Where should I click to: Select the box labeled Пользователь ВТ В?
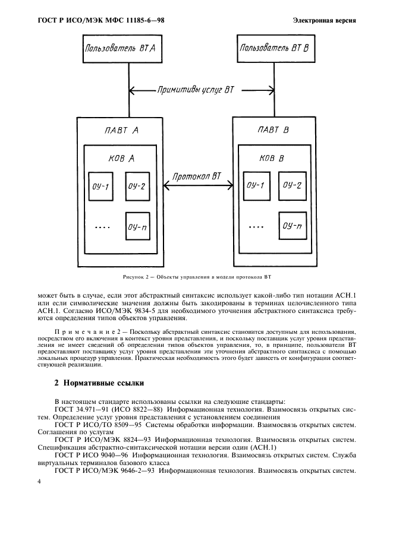pyautogui.click(x=274, y=48)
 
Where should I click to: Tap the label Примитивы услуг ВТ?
pyautogui.click(x=196, y=90)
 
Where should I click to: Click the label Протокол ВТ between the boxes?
pyautogui.click(x=197, y=176)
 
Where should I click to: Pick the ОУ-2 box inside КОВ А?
pyautogui.click(x=137, y=186)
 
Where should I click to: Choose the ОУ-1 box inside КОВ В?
pyautogui.click(x=254, y=186)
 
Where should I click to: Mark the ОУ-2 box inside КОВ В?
pyautogui.click(x=292, y=186)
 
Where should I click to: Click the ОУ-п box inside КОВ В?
pyautogui.click(x=292, y=225)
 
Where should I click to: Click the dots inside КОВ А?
pyautogui.click(x=102, y=227)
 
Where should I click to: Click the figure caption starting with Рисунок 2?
pyautogui.click(x=197, y=276)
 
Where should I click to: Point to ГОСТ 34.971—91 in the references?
pyautogui.click(x=80, y=410)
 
